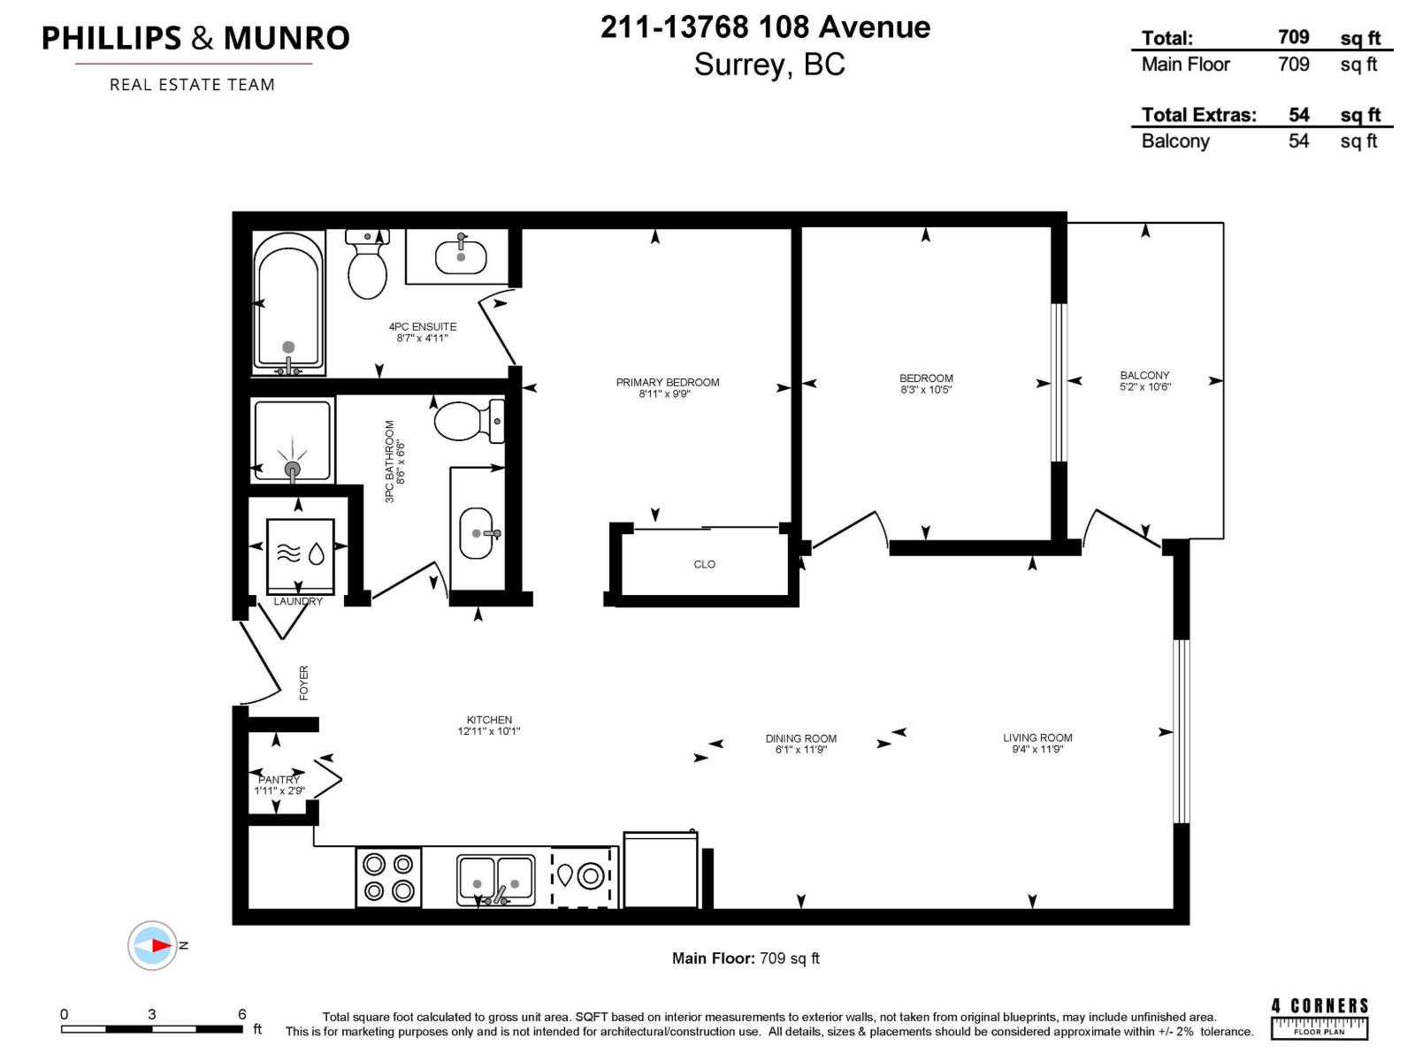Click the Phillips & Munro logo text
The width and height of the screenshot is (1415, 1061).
(195, 38)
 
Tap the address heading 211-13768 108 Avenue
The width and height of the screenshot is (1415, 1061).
(765, 27)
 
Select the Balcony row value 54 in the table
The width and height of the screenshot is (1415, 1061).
(1298, 141)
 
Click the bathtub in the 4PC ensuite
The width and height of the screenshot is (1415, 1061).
(287, 301)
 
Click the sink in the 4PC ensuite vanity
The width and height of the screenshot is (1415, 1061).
(461, 256)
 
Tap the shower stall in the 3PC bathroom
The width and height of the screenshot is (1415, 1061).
(292, 440)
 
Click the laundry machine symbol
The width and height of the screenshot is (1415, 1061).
(300, 554)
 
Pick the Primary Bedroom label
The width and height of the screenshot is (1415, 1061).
(668, 382)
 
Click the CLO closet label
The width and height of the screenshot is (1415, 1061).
(704, 564)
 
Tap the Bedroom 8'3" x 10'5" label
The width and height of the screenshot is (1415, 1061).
(926, 384)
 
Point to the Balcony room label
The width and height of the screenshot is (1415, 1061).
(1144, 375)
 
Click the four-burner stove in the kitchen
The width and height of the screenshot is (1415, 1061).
(388, 877)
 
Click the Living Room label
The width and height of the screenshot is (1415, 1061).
(1037, 737)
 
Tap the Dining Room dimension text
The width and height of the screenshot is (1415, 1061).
(800, 750)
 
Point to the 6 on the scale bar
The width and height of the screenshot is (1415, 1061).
(241, 1014)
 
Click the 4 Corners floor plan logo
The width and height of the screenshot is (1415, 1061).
(1319, 1018)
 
